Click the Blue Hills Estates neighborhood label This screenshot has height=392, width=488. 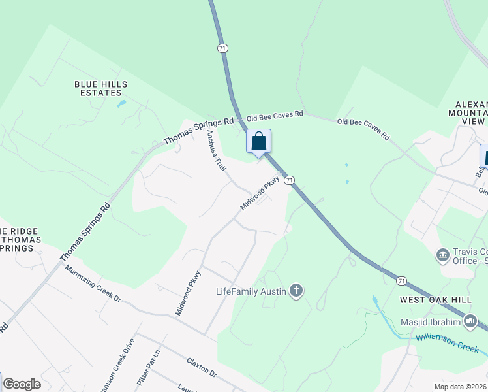(x=101, y=88)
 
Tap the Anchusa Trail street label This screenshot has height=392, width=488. (x=216, y=150)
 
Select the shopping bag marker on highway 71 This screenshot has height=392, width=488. (x=258, y=140)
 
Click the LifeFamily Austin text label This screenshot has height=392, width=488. (x=251, y=291)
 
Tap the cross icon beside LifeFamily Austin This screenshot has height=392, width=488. (x=296, y=291)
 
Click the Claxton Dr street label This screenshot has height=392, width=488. (x=201, y=367)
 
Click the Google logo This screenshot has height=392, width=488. (x=22, y=384)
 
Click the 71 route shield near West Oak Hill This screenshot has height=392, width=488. (x=401, y=280)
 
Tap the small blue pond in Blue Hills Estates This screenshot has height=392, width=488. (x=121, y=103)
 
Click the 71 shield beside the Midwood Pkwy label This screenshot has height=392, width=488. (x=290, y=180)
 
